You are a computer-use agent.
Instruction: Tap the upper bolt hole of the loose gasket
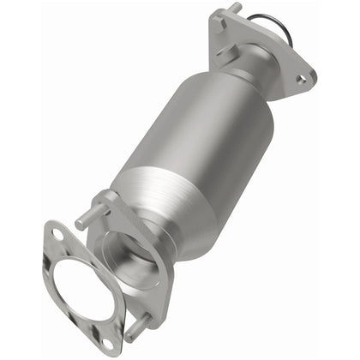point(57,233)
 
